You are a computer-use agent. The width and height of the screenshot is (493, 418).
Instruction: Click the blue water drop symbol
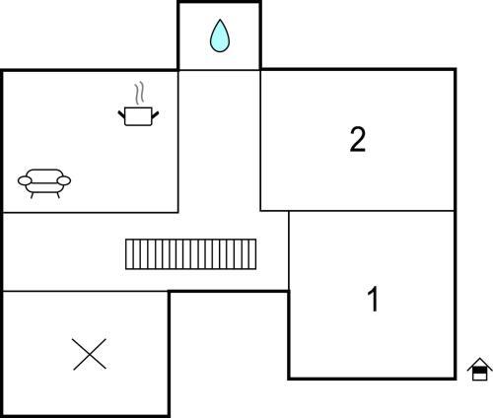coord(220,35)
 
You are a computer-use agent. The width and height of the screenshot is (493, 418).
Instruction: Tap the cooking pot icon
coord(138,116)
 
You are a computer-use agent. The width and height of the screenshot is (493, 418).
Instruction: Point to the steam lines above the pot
coord(139,94)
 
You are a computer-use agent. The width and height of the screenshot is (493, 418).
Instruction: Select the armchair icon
coord(44,183)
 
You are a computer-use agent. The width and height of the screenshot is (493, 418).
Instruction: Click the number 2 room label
coord(358,140)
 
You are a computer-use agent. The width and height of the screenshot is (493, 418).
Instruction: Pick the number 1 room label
coord(374,299)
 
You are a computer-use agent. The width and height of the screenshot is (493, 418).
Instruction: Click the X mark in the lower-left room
coord(90,354)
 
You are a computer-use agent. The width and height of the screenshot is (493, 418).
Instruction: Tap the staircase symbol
coord(190,254)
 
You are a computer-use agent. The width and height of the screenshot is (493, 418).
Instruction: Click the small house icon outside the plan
coord(480,369)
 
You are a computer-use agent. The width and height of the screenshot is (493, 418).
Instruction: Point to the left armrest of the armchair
coord(25,180)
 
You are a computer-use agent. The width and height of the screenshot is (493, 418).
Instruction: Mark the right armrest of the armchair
coord(64,180)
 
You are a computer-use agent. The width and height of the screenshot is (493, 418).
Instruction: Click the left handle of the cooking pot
coord(121,114)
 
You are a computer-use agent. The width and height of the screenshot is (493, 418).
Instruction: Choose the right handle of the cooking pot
coord(155,114)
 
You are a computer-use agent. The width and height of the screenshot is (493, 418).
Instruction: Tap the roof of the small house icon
coord(480,364)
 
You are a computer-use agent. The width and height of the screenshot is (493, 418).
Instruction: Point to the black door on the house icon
coord(480,370)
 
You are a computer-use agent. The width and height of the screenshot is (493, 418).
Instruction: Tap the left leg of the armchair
coord(33,195)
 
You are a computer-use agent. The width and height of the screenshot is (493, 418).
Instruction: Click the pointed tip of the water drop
coord(220,20)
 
